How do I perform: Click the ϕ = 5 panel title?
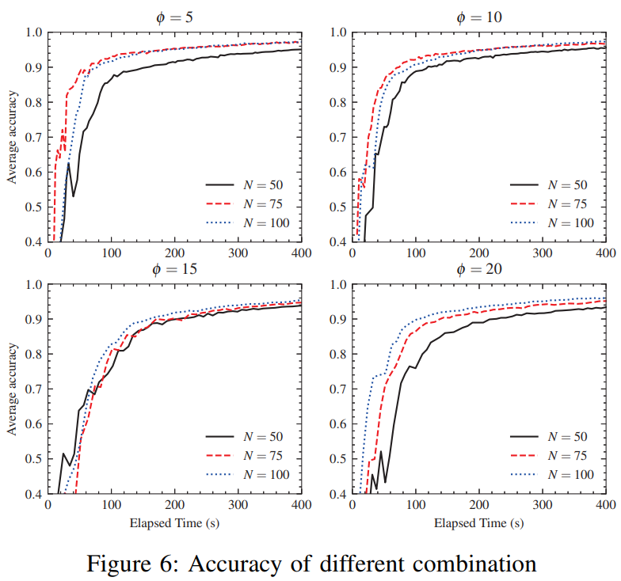(174, 17)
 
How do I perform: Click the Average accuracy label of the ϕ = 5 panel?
(12, 137)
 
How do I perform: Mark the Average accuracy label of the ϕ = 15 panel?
(12, 389)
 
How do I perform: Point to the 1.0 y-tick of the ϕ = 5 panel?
(34, 32)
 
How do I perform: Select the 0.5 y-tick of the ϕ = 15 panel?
(34, 459)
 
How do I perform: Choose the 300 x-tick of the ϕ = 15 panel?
(238, 504)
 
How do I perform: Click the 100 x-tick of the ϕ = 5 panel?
(111, 253)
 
